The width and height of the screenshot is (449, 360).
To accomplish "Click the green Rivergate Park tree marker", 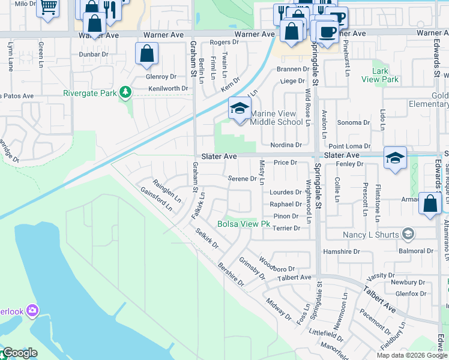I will [x=125, y=92].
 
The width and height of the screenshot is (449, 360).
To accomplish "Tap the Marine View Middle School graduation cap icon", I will [x=240, y=109].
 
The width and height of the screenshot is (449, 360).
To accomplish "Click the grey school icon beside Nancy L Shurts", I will [x=408, y=233].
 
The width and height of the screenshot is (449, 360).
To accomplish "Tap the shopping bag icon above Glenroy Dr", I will [x=147, y=54].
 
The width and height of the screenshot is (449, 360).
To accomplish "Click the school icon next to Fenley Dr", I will [x=396, y=158].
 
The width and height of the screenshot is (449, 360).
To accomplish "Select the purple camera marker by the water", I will [x=32, y=311].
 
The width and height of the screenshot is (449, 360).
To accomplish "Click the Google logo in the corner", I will [x=19, y=353].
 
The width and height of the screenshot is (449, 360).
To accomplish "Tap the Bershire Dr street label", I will [x=231, y=274].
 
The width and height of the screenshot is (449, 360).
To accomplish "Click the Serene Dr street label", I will [x=243, y=179].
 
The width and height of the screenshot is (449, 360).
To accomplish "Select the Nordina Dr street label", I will [x=286, y=145].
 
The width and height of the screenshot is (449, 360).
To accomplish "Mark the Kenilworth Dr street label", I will [x=168, y=89].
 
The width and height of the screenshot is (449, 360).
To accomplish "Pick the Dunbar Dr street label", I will [x=93, y=54].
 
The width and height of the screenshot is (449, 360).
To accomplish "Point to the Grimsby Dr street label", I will [x=252, y=268].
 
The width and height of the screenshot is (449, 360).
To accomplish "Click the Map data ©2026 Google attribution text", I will [x=412, y=355].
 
